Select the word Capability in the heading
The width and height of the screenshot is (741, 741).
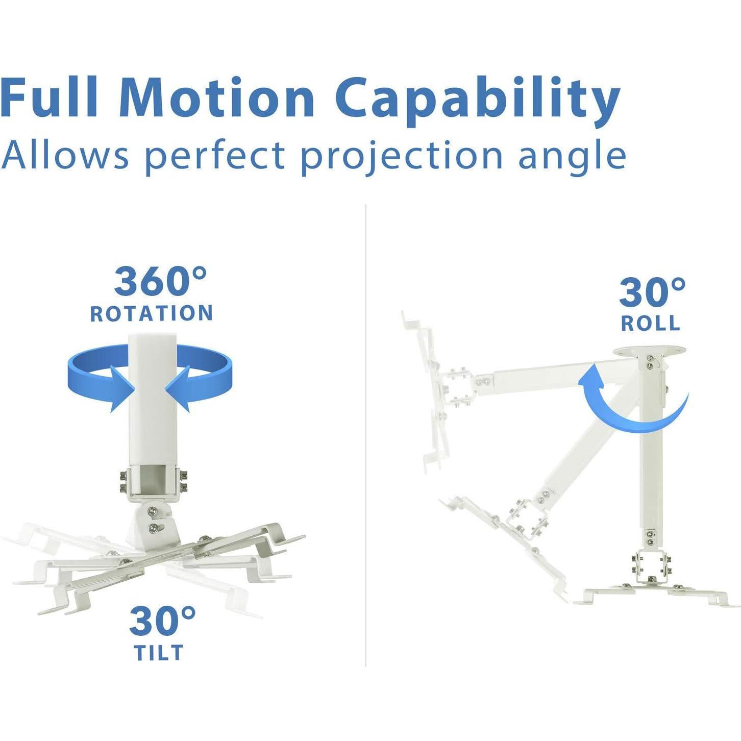(477, 100)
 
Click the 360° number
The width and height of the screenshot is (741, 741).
(160, 281)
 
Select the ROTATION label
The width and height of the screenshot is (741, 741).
(152, 313)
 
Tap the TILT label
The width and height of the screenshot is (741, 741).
(159, 653)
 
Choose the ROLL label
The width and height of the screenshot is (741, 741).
(651, 323)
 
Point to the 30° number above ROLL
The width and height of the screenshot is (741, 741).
(652, 292)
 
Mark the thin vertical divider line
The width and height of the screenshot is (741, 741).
(366, 434)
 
